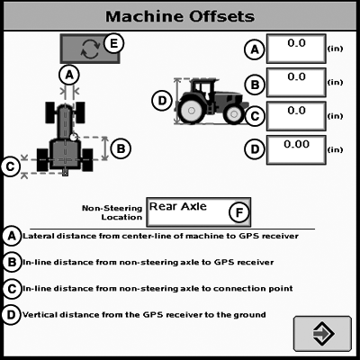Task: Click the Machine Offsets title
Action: point(180,16)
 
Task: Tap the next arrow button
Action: point(322,334)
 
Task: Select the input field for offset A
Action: point(296,49)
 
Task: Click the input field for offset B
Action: point(296,83)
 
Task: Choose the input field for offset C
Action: point(296,116)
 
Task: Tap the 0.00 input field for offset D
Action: point(296,150)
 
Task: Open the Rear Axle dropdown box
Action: point(198,212)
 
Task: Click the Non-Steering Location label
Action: point(112,212)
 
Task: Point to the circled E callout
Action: point(113,43)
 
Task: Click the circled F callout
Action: point(239,212)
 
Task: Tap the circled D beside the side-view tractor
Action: point(162,101)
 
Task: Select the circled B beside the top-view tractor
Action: point(121,148)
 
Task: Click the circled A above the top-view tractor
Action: point(69,75)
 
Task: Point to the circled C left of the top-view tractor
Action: point(11,166)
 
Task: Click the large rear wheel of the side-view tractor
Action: point(191,111)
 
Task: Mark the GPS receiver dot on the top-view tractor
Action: point(74,137)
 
